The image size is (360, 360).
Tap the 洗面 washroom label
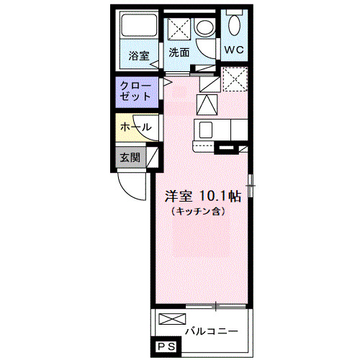[179, 52]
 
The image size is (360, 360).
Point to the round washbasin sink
[204, 29]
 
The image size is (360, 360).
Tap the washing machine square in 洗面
[178, 29]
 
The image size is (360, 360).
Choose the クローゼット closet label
[136, 90]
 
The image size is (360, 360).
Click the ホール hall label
[135, 127]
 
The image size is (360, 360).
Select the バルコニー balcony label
[210, 332]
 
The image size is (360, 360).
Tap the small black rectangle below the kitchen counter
[226, 149]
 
